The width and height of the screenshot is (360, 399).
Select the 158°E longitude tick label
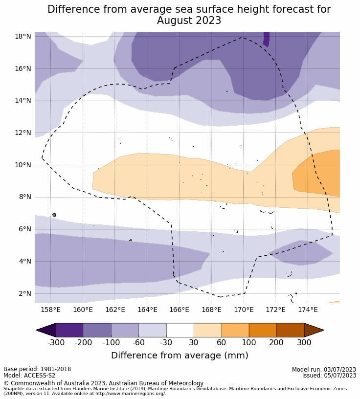50,310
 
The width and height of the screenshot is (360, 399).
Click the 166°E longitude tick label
179,310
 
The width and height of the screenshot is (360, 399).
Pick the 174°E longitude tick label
308,310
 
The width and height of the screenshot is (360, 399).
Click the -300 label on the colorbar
56,342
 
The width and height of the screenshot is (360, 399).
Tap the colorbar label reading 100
249,342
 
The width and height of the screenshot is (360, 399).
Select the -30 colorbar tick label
166,342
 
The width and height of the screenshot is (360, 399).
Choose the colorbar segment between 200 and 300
290,330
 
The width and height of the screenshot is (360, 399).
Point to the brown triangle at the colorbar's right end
314,330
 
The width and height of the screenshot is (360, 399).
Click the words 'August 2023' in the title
189,21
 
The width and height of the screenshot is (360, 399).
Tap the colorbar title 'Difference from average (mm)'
180,355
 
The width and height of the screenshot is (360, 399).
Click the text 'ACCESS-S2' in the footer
39,376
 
